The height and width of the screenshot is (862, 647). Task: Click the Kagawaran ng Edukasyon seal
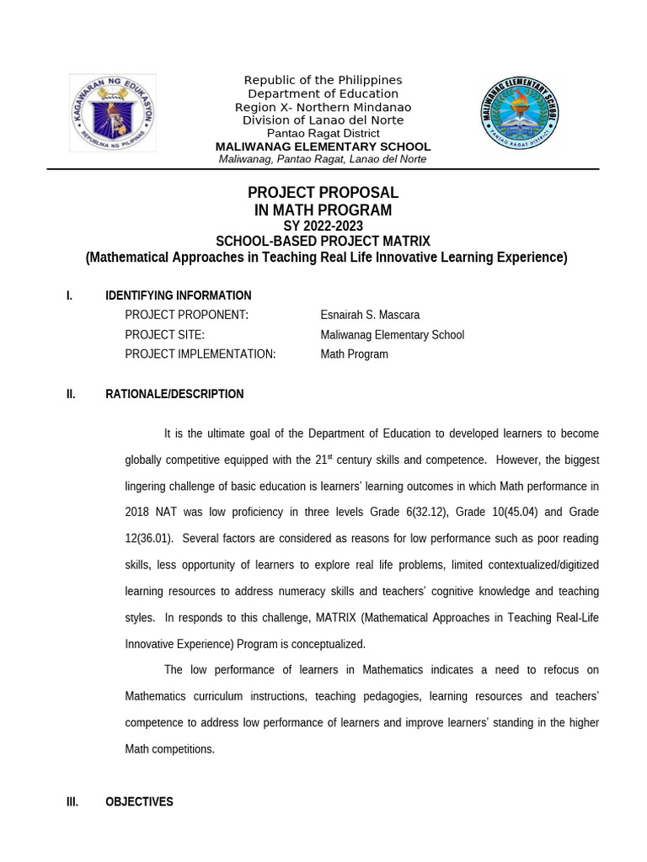tap(112, 113)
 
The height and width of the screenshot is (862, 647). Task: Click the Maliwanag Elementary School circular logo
tap(519, 113)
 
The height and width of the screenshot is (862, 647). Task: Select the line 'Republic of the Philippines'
tap(323, 80)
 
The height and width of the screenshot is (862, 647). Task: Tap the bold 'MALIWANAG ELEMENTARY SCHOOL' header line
tap(323, 146)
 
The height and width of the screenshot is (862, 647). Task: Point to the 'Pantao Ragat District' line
tap(323, 133)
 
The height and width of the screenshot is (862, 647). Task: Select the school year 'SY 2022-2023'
tap(323, 226)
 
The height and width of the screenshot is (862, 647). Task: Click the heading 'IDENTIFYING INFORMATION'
tap(178, 295)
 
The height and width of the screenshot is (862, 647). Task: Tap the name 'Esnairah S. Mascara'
tap(370, 315)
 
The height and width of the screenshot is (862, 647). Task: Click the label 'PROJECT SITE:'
tap(164, 335)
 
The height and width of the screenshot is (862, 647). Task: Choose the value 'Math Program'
tap(354, 354)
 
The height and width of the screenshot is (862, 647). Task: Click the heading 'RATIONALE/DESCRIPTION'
tap(174, 394)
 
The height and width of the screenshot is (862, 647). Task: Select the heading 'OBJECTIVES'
tap(139, 802)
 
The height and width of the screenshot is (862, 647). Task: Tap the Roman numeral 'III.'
tap(72, 802)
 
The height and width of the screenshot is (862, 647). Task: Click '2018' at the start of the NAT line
tap(136, 513)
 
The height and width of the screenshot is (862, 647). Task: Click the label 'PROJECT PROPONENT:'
tap(186, 315)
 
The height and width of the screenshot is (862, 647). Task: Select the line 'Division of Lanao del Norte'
tap(323, 120)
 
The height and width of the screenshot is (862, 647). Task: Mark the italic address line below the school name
tap(323, 159)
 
